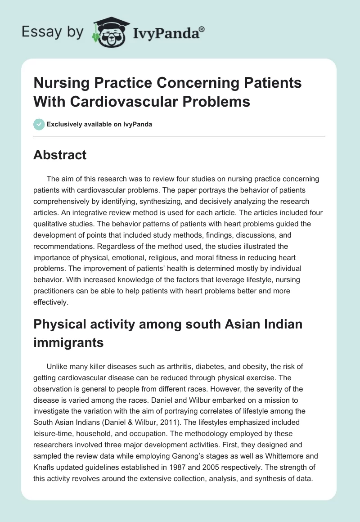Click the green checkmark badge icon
point(39,124)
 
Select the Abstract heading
point(60,155)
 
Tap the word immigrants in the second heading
point(68,342)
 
